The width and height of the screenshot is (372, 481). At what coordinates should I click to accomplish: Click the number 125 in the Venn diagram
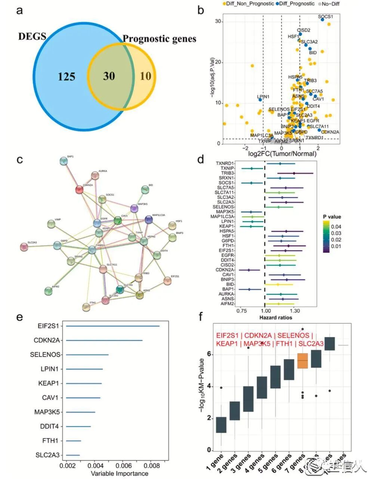pos(66,77)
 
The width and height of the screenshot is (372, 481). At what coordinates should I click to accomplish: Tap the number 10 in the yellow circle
pos(146,76)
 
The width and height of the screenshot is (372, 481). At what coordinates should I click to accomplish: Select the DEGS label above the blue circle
pos(32,37)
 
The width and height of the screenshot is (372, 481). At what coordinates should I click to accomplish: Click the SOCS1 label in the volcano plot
pos(325,16)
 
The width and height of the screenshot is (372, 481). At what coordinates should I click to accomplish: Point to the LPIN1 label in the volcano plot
pos(263,96)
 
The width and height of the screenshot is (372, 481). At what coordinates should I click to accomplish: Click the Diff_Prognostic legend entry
pos(295,3)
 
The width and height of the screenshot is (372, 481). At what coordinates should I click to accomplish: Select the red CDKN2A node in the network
pos(79,190)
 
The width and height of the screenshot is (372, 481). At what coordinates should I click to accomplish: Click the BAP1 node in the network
pos(64,161)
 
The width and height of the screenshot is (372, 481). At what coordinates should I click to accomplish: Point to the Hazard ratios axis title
pos(276,318)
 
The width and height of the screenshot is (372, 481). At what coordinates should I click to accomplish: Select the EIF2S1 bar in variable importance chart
pos(112,326)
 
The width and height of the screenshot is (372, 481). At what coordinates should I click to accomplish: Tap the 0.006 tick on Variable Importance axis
pos(123,466)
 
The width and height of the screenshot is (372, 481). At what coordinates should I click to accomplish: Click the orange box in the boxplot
pos(303,361)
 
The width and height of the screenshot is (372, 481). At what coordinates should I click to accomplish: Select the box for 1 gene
pos(221,425)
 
